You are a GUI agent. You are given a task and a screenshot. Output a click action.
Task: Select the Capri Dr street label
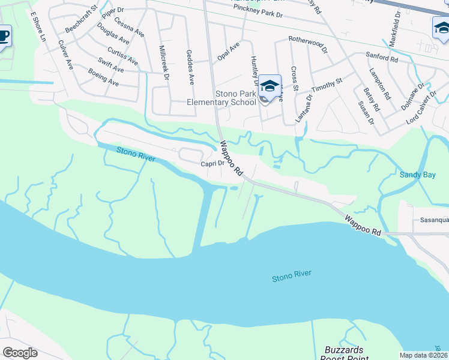pyautogui.click(x=212, y=163)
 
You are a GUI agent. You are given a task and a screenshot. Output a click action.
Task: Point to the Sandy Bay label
pyautogui.click(x=418, y=175)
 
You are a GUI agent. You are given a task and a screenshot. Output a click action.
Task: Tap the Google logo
pyautogui.click(x=20, y=353)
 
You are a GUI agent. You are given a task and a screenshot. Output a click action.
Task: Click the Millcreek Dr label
pyautogui.click(x=164, y=62)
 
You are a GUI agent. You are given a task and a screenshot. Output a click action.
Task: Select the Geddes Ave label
pyautogui.click(x=190, y=67)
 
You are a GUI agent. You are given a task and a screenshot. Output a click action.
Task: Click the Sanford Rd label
pyautogui.click(x=382, y=58)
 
